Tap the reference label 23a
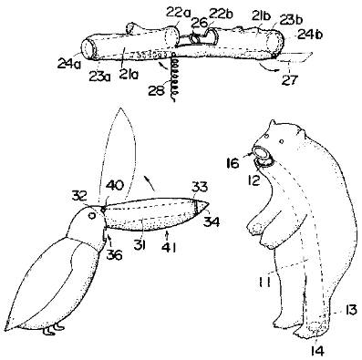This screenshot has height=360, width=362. tap(100, 77)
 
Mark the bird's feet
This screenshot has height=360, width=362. tap(58, 324)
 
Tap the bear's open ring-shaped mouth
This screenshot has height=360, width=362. tap(261, 155)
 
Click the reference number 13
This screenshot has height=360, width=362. tap(348, 310)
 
